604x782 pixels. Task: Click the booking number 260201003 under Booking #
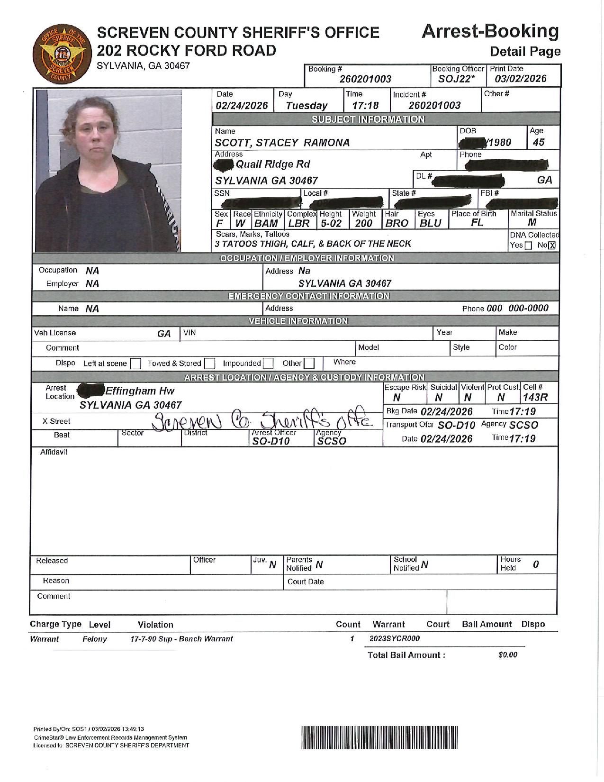coord(365,79)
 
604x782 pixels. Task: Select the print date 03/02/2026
coord(521,79)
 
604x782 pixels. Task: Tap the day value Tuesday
coord(307,105)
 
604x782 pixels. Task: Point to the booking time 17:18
coord(365,105)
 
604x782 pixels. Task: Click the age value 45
coord(539,142)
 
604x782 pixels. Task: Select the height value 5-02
coord(331,223)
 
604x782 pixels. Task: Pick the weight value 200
coord(363,223)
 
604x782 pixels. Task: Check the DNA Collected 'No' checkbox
coord(551,246)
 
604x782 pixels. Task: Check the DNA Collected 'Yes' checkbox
coord(529,246)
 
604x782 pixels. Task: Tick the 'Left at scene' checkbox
coord(135,364)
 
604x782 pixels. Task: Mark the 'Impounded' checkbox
coord(268,364)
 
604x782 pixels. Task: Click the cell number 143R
coord(535,398)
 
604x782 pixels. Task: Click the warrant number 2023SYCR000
coord(394,638)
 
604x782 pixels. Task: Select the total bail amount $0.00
coord(507,655)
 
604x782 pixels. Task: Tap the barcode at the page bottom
coord(379,737)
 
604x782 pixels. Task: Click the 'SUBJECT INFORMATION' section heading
coord(368,119)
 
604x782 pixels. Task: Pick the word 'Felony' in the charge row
coord(95,639)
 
